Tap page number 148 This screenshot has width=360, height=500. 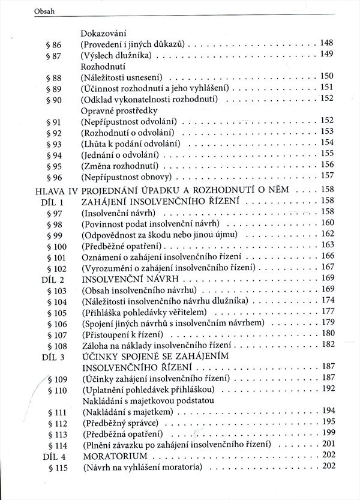(x=326, y=44)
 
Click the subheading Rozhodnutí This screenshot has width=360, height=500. (x=99, y=67)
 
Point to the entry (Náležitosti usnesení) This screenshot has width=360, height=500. (x=125, y=77)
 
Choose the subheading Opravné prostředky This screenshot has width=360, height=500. (x=116, y=110)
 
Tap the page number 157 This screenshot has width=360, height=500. (x=326, y=176)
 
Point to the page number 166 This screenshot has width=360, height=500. (x=328, y=256)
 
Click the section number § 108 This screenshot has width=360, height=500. (x=56, y=346)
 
